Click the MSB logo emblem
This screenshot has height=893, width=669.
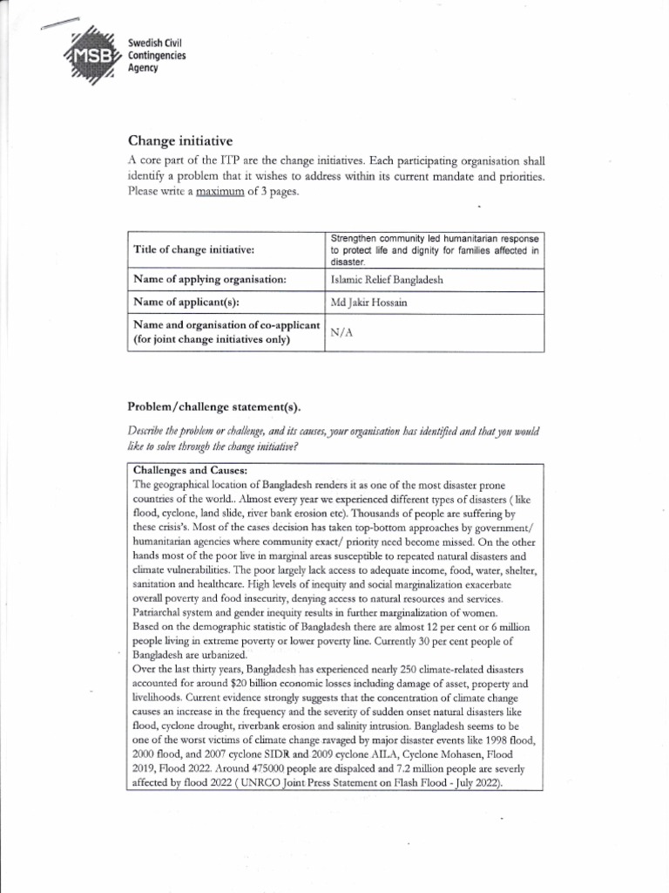point(91,57)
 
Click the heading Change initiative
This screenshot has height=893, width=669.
point(180,141)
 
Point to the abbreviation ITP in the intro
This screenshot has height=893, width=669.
point(232,161)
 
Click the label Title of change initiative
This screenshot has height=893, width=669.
point(193,249)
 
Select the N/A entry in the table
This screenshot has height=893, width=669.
point(342,332)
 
